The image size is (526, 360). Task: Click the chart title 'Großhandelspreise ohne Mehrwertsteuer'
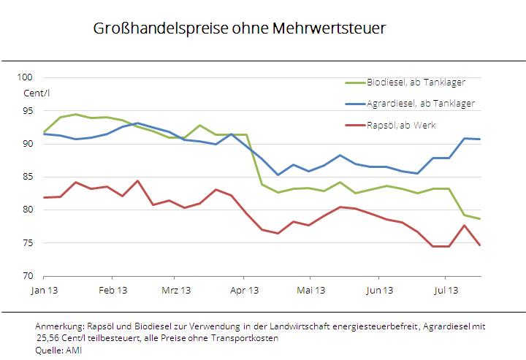pos(239,29)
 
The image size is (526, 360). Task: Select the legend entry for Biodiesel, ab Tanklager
pos(415,82)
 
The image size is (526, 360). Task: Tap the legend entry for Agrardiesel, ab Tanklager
pos(420,103)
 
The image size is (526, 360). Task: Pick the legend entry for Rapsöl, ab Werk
pos(400,125)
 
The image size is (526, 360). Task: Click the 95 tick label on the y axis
pos(30,111)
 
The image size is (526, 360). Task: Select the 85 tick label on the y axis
pos(30,177)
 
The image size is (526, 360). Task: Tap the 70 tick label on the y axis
pos(30,276)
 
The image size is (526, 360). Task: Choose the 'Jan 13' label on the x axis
pos(44,290)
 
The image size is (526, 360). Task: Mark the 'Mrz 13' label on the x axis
pos(175,290)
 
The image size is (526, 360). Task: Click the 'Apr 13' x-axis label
pos(244,290)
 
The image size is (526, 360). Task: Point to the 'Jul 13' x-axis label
pos(445,290)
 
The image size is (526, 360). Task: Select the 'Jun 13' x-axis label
pos(378,290)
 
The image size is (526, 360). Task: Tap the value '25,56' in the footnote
pos(47,338)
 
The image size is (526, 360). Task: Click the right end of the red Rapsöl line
pos(479,245)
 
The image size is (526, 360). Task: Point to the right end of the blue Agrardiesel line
pos(479,139)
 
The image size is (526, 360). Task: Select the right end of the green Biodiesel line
pos(479,218)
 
